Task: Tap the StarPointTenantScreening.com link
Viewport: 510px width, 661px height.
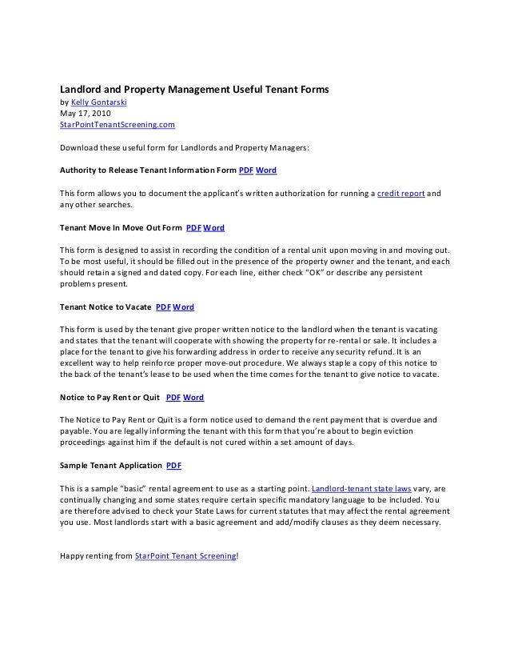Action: [x=118, y=126]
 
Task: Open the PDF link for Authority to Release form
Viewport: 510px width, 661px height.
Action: [x=246, y=170]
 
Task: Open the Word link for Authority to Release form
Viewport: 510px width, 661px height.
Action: [x=266, y=170]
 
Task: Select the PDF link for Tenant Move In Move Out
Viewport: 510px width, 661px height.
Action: [x=193, y=227]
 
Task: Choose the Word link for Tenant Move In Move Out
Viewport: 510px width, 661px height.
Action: [x=213, y=227]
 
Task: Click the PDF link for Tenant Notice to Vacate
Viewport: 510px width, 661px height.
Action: [x=162, y=306]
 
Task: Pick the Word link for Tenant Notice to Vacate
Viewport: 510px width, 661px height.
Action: [x=183, y=306]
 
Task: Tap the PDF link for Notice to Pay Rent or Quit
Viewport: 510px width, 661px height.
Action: [x=173, y=397]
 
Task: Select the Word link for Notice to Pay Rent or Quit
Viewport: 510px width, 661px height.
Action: [x=193, y=397]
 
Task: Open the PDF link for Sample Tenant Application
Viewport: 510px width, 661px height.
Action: [x=173, y=465]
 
